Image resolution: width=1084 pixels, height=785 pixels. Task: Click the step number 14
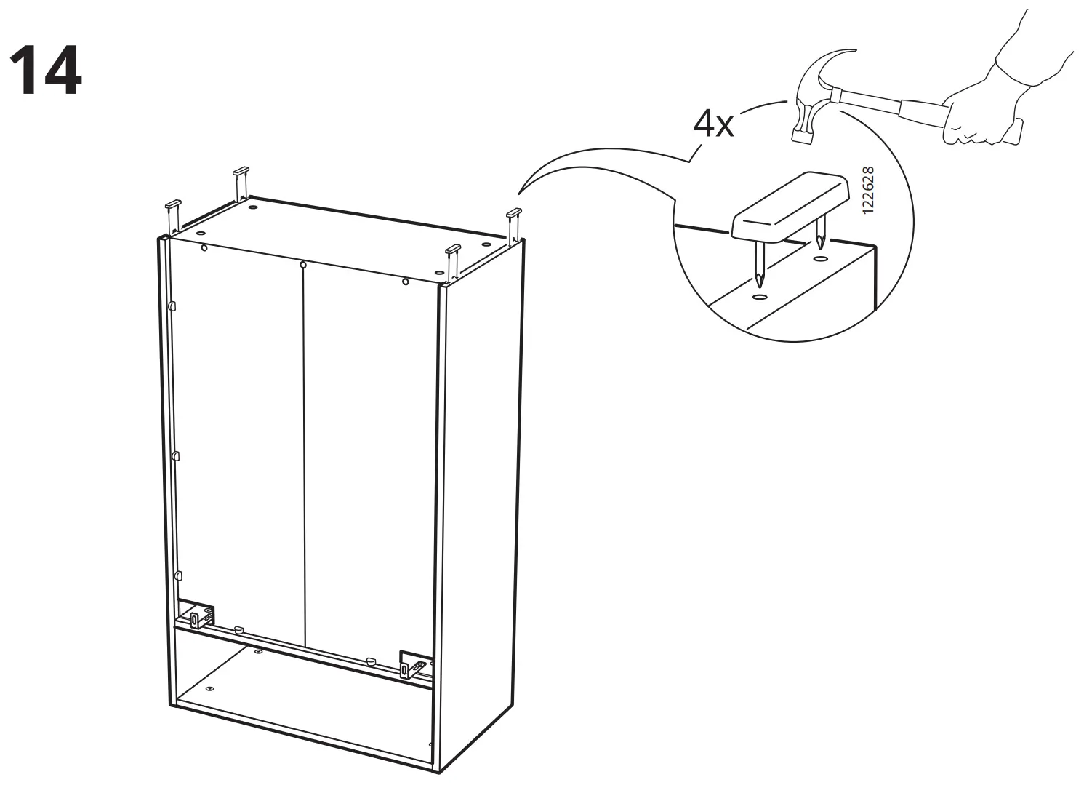[45, 71]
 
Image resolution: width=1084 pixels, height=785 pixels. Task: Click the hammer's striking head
[803, 131]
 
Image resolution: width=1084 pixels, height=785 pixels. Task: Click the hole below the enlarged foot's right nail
[820, 258]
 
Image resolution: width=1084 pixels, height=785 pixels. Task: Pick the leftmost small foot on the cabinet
[172, 206]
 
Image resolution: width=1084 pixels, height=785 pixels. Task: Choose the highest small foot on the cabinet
[241, 173]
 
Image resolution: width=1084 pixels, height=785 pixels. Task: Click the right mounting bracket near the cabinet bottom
[411, 664]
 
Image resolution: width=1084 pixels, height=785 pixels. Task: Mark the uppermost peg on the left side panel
[172, 306]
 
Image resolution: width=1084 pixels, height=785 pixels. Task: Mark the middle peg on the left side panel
[175, 456]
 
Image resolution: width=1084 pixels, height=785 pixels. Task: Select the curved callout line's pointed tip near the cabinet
[518, 194]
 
